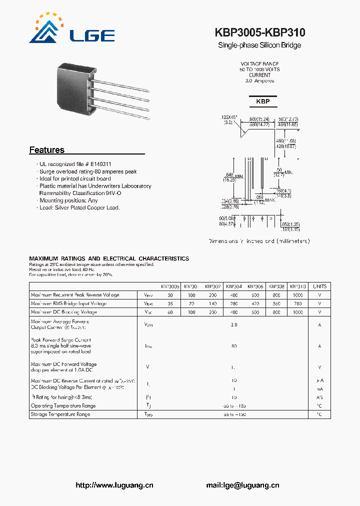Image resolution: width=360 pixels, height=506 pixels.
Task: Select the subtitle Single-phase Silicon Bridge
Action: click(x=259, y=45)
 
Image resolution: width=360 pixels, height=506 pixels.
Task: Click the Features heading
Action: click(x=47, y=150)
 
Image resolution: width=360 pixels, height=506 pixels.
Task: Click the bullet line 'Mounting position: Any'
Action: click(x=69, y=200)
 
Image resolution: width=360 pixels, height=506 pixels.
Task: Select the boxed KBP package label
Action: click(x=262, y=101)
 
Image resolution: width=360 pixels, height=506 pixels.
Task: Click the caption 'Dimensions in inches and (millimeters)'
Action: click(x=259, y=241)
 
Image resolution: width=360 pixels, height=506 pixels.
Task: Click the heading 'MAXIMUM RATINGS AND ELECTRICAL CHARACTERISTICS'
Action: click(x=109, y=258)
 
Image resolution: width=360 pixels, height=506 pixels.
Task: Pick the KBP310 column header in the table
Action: click(x=298, y=286)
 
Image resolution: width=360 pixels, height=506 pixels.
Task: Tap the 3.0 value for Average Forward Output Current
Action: click(x=234, y=324)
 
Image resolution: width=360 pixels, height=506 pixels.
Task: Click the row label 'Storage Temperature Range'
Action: click(x=60, y=414)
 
